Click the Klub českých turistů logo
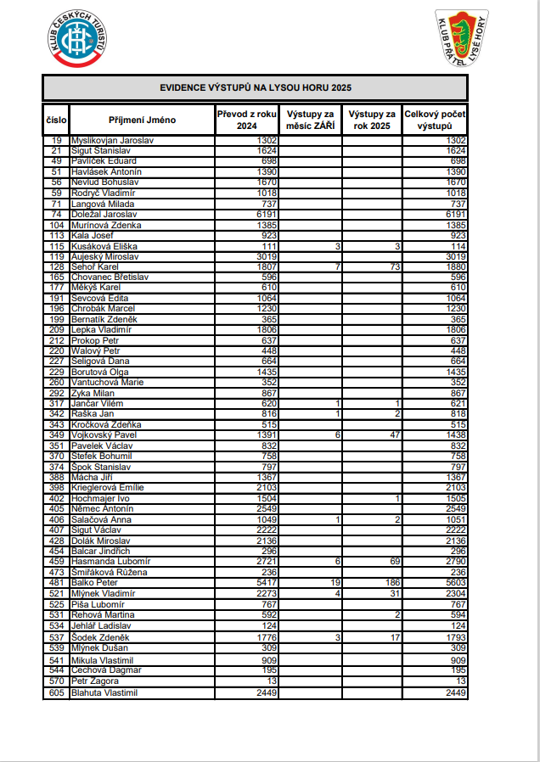click(x=77, y=38)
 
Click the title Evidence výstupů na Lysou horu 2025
click(x=255, y=87)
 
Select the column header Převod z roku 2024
click(x=246, y=120)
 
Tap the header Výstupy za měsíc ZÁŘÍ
click(x=310, y=120)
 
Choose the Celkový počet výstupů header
click(x=435, y=120)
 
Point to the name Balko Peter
click(x=95, y=583)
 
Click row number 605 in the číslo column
click(x=57, y=693)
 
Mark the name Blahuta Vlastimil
click(x=104, y=693)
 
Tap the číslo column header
click(x=56, y=120)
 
